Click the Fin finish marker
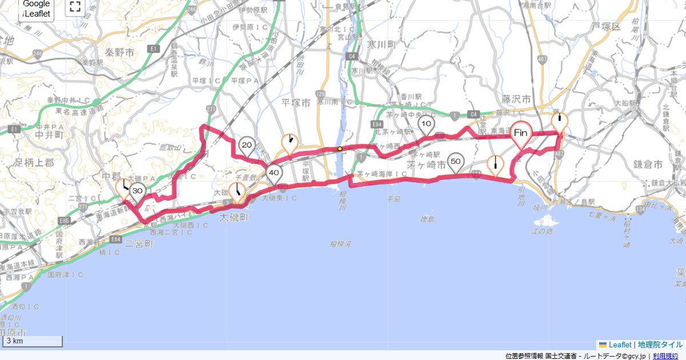[520, 133]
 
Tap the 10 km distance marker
[426, 123]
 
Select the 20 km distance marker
[247, 146]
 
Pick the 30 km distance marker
[137, 191]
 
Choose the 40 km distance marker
[274, 173]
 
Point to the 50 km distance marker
[456, 162]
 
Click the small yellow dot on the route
[340, 149]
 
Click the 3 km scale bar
[33, 341]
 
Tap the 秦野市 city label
[119, 53]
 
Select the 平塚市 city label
[296, 103]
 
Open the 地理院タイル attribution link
[660, 345]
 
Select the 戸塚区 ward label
[606, 26]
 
